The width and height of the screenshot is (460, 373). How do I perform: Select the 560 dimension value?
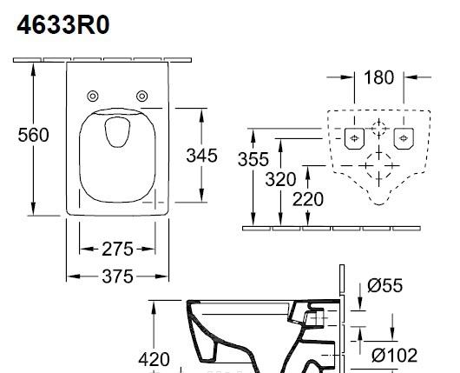click(x=34, y=135)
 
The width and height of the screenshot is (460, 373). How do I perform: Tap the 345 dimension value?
click(x=202, y=156)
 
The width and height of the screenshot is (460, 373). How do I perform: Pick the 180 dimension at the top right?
click(x=378, y=78)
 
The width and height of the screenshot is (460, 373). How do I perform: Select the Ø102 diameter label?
click(x=395, y=355)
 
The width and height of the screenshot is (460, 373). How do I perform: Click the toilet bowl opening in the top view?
click(x=115, y=131)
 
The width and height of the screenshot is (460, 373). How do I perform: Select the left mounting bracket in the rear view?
click(x=354, y=137)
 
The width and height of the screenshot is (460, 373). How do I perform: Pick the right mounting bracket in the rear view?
click(x=401, y=137)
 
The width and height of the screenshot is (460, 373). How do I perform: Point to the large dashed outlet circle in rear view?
click(x=378, y=167)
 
